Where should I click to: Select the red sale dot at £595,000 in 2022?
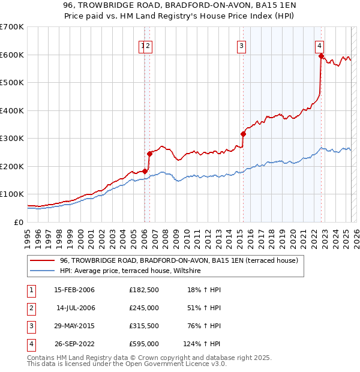coord(322,56)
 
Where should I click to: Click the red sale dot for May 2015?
coord(244,134)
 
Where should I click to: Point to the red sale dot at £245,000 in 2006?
coord(149,154)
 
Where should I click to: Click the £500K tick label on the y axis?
coord(12,83)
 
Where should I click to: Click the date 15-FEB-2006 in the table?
coord(74,290)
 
